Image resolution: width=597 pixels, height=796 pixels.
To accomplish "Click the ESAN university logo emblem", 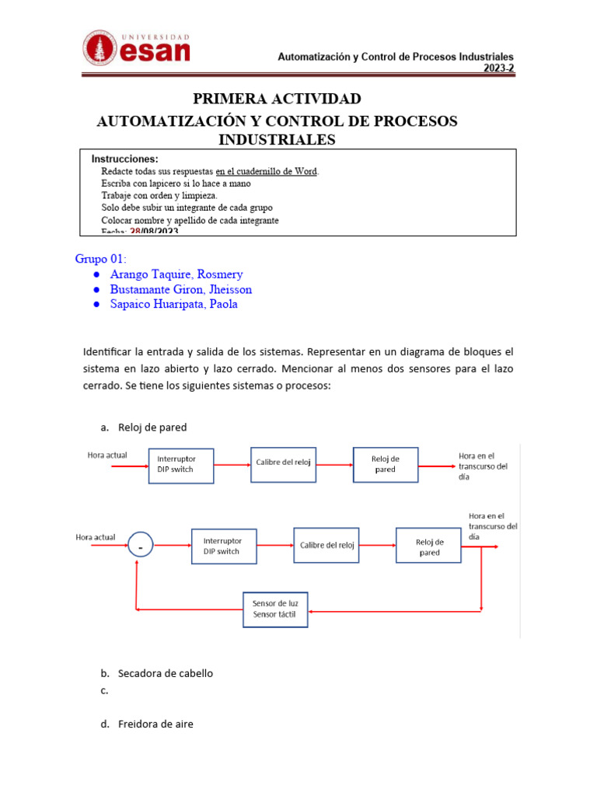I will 101,47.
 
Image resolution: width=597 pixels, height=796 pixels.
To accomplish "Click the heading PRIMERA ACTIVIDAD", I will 277,99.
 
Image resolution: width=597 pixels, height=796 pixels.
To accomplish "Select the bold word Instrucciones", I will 124,159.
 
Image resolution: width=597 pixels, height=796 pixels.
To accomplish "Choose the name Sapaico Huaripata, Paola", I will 175,304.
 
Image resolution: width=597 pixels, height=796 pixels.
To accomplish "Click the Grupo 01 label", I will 100,259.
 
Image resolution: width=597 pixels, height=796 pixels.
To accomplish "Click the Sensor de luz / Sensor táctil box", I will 275,609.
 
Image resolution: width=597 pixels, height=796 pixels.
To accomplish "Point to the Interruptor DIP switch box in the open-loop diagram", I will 180,464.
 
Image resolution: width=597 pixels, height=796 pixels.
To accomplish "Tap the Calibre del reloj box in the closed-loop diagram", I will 326,546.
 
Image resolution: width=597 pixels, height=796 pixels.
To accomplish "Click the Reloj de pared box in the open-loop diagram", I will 386,464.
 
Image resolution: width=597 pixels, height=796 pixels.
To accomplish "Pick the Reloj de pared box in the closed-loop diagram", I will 429,546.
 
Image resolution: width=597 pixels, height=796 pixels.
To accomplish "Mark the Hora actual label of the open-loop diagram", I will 106,454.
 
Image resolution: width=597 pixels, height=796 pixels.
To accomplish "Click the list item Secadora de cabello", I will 165,673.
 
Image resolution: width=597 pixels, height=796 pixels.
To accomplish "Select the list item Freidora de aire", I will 155,724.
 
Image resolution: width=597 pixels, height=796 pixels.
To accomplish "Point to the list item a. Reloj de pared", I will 152,427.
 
